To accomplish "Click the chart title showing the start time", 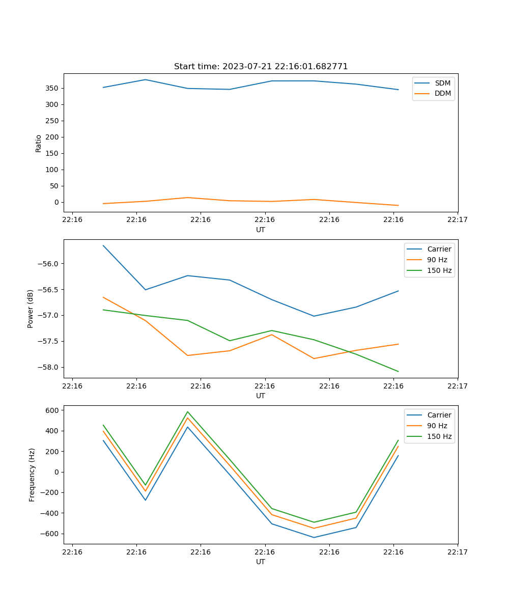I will click(261, 67).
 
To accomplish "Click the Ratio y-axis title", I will click(39, 143).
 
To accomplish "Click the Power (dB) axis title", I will click(31, 309).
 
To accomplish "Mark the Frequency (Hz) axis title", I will click(32, 475).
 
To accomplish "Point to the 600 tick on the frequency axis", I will click(53, 410).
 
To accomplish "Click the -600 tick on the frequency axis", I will click(51, 534).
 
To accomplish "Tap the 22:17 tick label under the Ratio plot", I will click(458, 220).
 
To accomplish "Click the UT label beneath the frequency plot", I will click(261, 562).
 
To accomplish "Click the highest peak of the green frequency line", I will click(188, 411).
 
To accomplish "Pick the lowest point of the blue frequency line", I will click(314, 537).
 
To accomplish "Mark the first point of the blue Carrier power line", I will click(103, 245).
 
